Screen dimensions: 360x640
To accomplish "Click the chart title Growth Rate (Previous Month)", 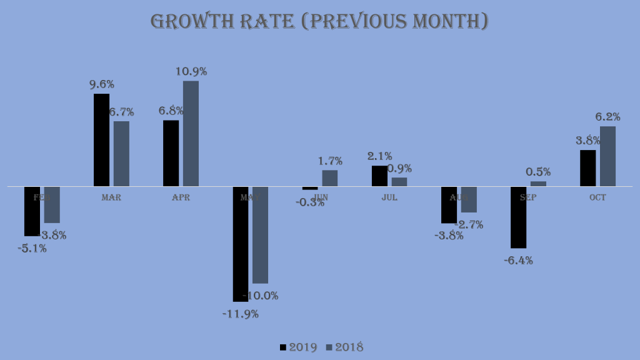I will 319,21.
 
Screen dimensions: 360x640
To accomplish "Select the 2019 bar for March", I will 101,140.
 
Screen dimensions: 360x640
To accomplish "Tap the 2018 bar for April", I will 191,134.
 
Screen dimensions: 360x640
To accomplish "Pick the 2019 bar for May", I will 241,244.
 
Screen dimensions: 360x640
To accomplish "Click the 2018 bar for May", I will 260,235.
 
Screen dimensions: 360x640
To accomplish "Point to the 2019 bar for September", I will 518,217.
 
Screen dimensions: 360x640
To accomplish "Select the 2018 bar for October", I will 607,156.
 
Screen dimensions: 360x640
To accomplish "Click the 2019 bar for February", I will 32,211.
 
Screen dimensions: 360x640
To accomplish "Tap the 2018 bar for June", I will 329,178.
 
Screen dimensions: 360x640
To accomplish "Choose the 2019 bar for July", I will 379,176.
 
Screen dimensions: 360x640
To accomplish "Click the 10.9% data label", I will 191,71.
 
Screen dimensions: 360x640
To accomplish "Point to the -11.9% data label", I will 241,314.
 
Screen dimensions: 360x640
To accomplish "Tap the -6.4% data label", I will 518,261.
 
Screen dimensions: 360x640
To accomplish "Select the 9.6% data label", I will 101,84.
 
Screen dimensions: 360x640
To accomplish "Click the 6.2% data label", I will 607,117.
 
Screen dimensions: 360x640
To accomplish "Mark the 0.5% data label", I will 538,172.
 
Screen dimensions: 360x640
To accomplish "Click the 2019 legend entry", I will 298,347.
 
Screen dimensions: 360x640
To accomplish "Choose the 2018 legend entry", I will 344,347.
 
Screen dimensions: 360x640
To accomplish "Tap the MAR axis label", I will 111,197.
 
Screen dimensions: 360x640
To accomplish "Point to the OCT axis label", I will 597,197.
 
